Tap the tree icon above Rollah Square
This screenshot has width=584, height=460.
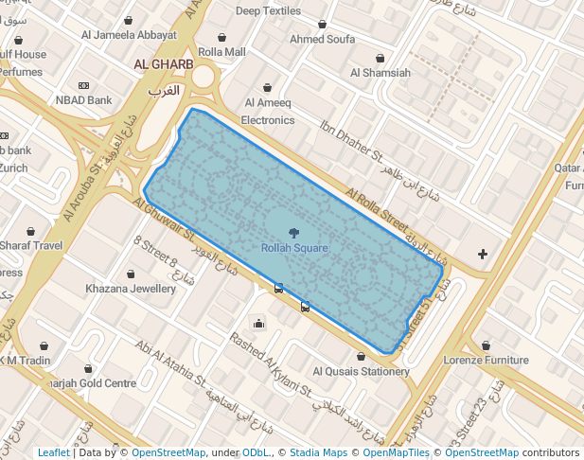pyautogui.click(x=294, y=232)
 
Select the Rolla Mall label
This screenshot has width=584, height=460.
pyautogui.click(x=221, y=51)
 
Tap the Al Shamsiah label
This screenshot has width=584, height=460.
pyautogui.click(x=380, y=72)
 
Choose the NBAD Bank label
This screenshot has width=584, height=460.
pyautogui.click(x=84, y=99)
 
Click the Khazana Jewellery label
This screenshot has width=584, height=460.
pyautogui.click(x=131, y=288)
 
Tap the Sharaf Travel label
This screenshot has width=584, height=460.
pyautogui.click(x=31, y=246)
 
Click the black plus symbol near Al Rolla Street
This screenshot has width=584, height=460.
pyautogui.click(x=483, y=254)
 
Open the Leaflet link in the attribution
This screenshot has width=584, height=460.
pyautogui.click(x=53, y=452)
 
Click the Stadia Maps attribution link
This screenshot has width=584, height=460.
pyautogui.click(x=318, y=452)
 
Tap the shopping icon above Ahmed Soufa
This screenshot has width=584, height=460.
pyautogui.click(x=322, y=25)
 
